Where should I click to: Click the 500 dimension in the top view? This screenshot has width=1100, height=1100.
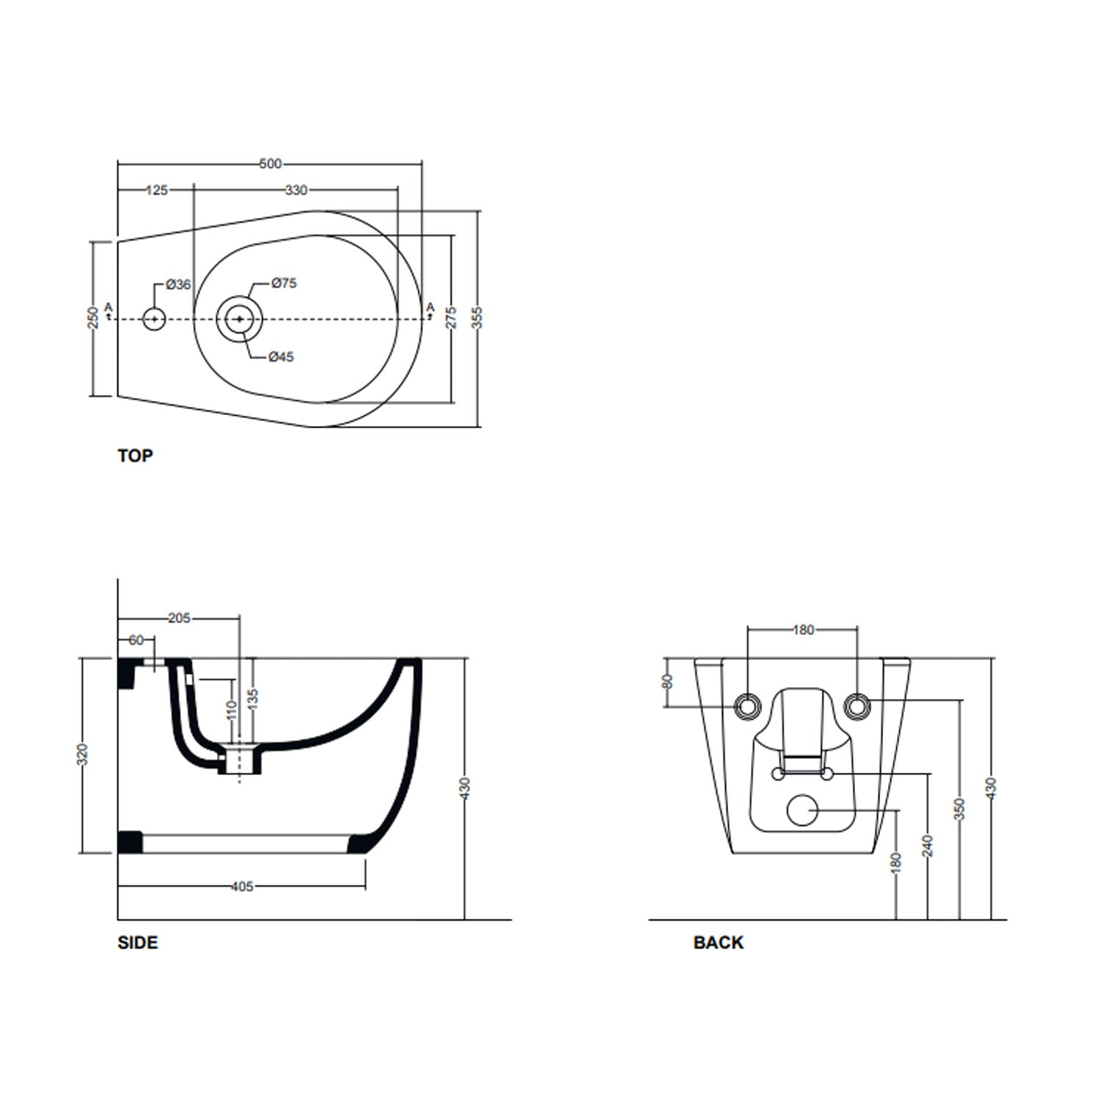pyautogui.click(x=271, y=164)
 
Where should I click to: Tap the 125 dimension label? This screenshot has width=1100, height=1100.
pyautogui.click(x=157, y=191)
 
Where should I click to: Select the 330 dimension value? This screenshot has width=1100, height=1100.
pyautogui.click(x=296, y=191)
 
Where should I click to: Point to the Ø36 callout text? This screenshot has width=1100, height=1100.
pyautogui.click(x=178, y=285)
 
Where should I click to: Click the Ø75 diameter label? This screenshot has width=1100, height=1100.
pyautogui.click(x=284, y=283)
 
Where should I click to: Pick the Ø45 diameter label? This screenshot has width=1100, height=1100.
pyautogui.click(x=281, y=357)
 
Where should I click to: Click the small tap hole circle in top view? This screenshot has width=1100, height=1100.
pyautogui.click(x=154, y=319)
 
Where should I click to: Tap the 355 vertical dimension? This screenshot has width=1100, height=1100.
pyautogui.click(x=478, y=318)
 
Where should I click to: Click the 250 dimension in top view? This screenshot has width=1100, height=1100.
pyautogui.click(x=93, y=318)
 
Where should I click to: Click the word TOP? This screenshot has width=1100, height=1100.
pyautogui.click(x=135, y=456)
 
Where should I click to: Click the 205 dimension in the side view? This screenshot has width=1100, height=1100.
pyautogui.click(x=179, y=618)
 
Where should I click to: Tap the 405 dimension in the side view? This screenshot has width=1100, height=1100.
pyautogui.click(x=242, y=887)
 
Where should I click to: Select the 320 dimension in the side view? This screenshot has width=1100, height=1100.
pyautogui.click(x=83, y=755)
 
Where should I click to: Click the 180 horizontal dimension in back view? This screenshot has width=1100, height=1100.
pyautogui.click(x=804, y=629)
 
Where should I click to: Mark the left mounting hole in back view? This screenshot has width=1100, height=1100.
pyautogui.click(x=747, y=706)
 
